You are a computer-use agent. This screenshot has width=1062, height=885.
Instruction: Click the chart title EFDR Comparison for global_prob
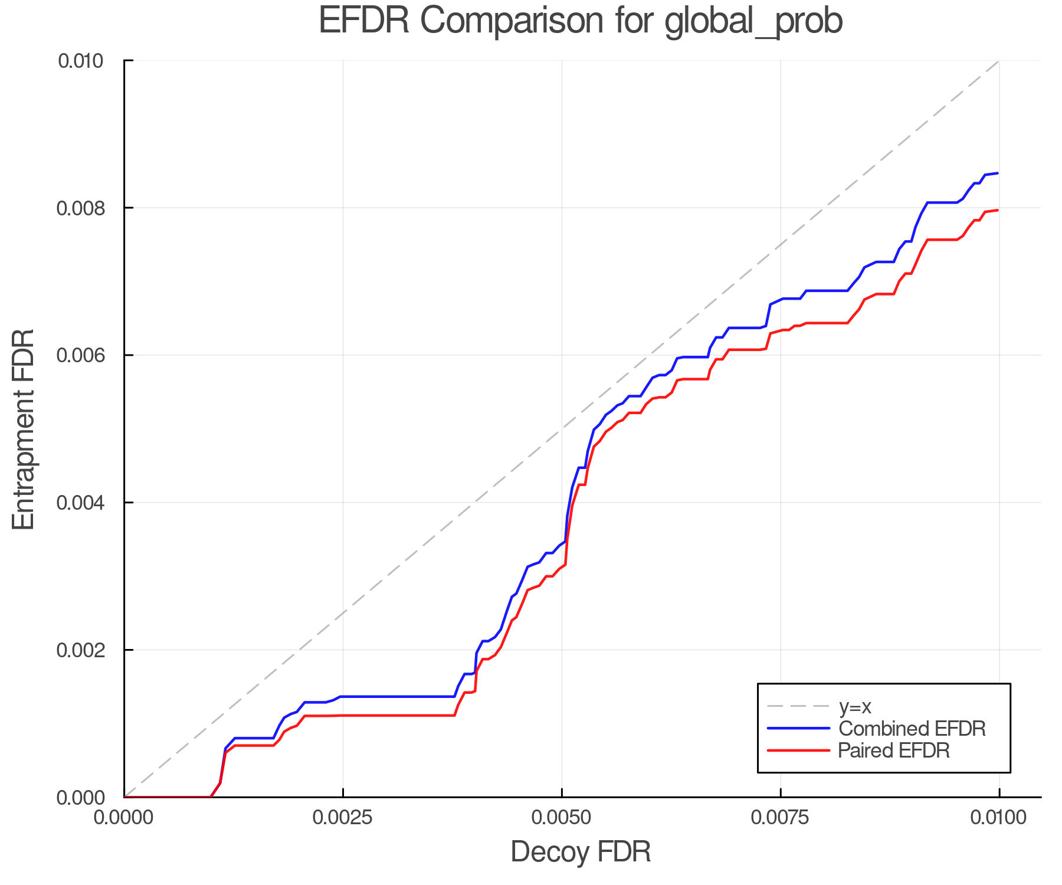pyautogui.click(x=581, y=21)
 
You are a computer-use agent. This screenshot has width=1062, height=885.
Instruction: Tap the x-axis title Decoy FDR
pyautogui.click(x=581, y=851)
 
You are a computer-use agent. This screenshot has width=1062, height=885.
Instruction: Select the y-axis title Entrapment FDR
pyautogui.click(x=24, y=429)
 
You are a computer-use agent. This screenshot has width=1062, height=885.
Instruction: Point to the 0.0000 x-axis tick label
pyautogui.click(x=124, y=818)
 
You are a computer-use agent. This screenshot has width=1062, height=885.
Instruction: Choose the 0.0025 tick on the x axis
pyautogui.click(x=343, y=818)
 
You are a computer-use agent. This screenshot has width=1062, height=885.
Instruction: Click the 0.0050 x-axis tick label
pyautogui.click(x=562, y=818)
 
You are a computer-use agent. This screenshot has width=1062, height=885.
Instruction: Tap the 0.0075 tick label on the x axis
pyautogui.click(x=781, y=818)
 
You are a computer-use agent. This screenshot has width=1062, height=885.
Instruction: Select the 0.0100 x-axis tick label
pyautogui.click(x=999, y=818)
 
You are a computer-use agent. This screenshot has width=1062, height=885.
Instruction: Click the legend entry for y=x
pyautogui.click(x=855, y=706)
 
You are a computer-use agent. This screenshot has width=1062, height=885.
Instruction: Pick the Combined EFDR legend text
pyautogui.click(x=912, y=729)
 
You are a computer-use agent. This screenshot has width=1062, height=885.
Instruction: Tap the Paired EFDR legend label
pyautogui.click(x=894, y=750)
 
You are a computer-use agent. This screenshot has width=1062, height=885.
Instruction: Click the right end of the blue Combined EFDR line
pyautogui.click(x=998, y=173)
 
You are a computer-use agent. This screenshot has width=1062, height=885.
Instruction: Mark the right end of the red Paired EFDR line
pyautogui.click(x=998, y=210)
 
